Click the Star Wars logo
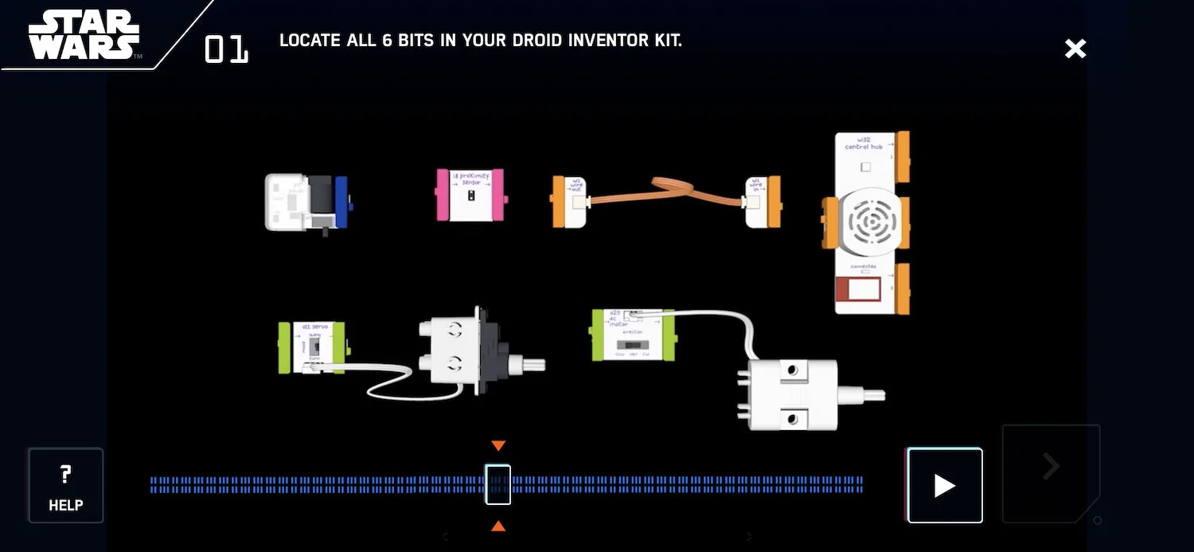point(84,34)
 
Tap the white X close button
point(1075,49)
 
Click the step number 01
point(226,49)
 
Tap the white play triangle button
point(945,486)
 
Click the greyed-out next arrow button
point(1051,468)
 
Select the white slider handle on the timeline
point(498,484)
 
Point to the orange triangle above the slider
point(498,445)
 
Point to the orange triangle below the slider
point(498,526)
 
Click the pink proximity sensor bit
point(470,194)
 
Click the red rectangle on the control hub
point(857,290)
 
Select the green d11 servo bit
point(311,347)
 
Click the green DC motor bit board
point(633,335)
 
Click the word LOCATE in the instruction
point(309,40)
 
